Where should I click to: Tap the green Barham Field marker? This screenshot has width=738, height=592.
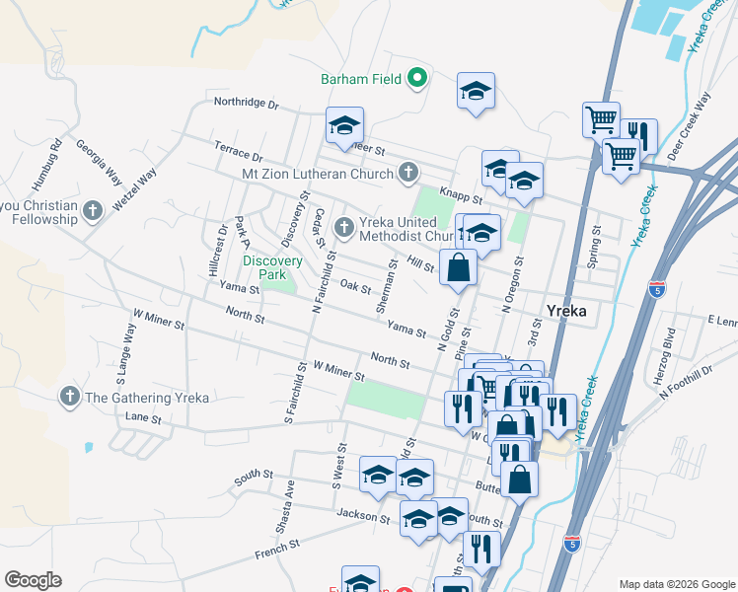pyautogui.click(x=417, y=77)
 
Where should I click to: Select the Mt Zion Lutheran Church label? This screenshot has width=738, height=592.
pyautogui.click(x=318, y=175)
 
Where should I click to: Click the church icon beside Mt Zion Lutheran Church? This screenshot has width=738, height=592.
pyautogui.click(x=408, y=175)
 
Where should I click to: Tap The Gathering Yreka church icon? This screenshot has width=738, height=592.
pyautogui.click(x=69, y=398)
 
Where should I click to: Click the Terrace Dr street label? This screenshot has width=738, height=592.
pyautogui.click(x=239, y=151)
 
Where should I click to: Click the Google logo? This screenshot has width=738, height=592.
pyautogui.click(x=33, y=580)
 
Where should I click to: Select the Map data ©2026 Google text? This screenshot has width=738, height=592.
pyautogui.click(x=676, y=584)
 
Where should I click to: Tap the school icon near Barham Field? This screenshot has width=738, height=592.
pyautogui.click(x=476, y=92)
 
